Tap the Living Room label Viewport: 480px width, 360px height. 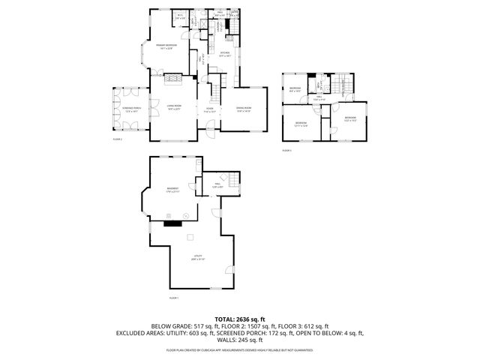tap(174, 108)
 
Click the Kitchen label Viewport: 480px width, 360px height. tap(224, 53)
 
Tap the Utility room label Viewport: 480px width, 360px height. tap(198, 257)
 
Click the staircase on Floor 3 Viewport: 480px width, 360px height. tap(344, 85)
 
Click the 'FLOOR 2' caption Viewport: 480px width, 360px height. tap(117, 139)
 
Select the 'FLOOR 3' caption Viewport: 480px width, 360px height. tap(286, 151)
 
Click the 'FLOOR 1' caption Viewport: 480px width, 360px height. tap(174, 298)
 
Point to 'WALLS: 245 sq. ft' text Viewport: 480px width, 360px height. tap(239, 340)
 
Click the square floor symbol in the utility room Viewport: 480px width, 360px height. tap(190, 238)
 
